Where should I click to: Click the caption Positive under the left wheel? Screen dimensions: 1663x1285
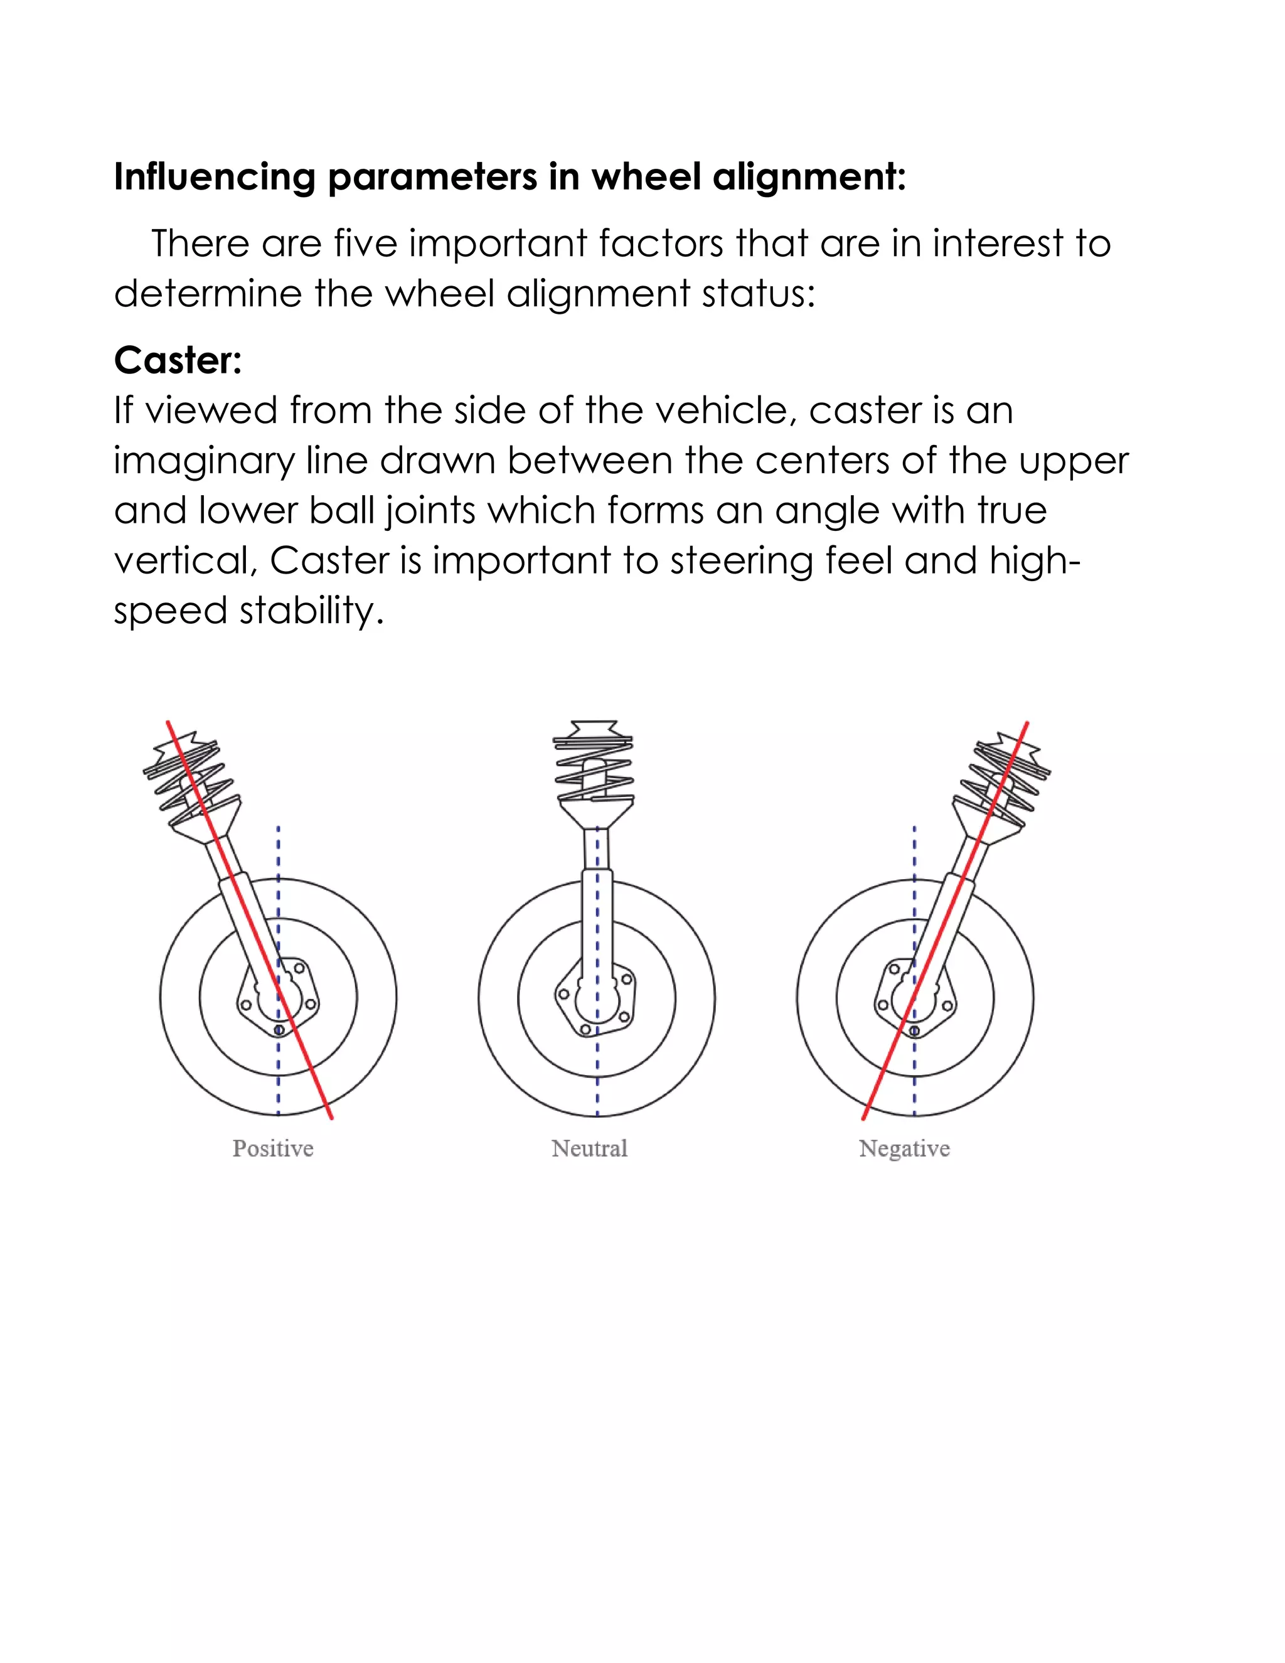coord(272,1148)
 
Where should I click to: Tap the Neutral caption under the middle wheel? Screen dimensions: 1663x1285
coord(589,1148)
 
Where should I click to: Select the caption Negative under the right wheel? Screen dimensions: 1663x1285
coord(904,1148)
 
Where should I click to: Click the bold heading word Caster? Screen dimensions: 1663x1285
coord(178,360)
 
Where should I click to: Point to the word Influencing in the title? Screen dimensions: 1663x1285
coord(214,177)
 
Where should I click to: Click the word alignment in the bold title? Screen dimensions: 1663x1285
coord(809,177)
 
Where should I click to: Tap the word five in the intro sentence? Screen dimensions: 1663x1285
coord(365,243)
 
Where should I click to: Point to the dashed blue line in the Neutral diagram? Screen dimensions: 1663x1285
coord(597,1081)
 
